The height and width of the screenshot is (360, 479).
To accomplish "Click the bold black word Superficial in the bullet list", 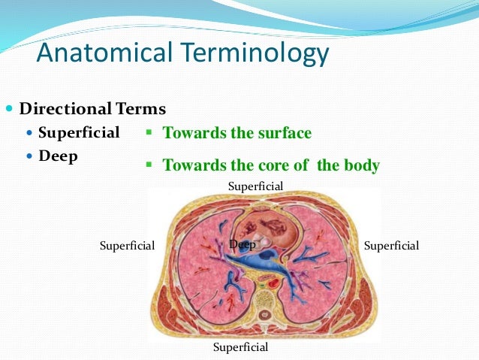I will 79,133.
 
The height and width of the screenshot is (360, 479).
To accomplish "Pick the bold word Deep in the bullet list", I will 58,156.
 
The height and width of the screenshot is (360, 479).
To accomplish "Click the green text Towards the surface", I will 236,134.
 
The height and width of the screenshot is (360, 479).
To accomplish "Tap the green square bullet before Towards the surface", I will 149,132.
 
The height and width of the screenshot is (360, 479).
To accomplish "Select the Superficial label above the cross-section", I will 256,186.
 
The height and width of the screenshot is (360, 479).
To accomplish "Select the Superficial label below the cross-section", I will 240,347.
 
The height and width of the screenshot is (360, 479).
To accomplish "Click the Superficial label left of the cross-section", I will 127,246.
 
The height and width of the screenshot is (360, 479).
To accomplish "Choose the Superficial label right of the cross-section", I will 390,246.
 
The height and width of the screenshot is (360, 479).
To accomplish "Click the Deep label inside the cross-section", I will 243,244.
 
